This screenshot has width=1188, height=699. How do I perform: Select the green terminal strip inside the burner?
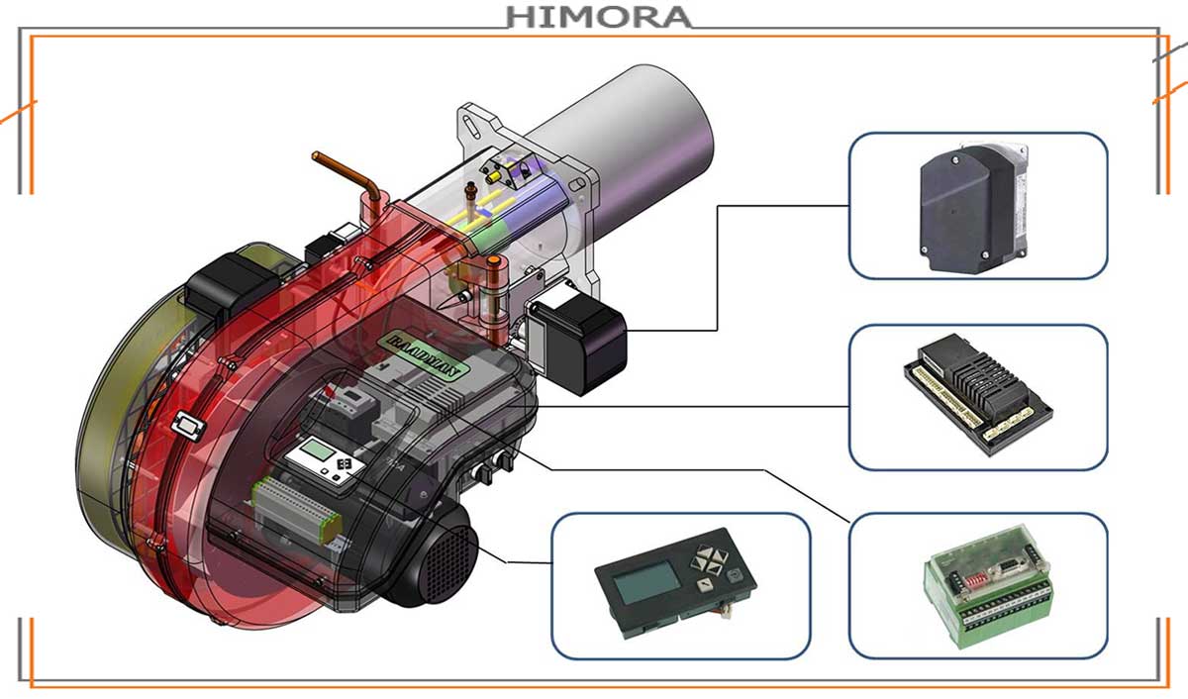(296, 504)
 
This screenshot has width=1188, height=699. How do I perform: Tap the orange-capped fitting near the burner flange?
(492, 264)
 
